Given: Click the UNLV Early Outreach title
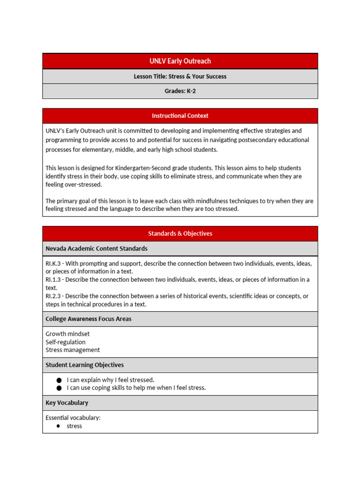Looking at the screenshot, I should (x=180, y=61).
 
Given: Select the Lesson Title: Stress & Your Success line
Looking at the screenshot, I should (x=180, y=76).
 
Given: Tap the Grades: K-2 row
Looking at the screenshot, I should (x=180, y=91).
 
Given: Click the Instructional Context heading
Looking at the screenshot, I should (x=180, y=116).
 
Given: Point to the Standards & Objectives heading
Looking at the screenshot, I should (x=180, y=233).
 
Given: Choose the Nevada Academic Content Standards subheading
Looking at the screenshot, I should (x=96, y=248).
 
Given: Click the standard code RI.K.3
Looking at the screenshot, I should (x=53, y=263).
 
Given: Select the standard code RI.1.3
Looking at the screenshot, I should (x=53, y=280).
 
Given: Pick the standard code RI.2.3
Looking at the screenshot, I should (x=53, y=296).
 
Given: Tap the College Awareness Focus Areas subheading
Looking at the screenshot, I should (x=88, y=319).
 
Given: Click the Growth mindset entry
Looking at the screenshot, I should (x=67, y=334).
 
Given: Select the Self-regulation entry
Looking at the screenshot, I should (x=66, y=342).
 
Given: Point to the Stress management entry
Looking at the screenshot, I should (x=73, y=350).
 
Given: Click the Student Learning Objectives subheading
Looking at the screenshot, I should (x=84, y=365).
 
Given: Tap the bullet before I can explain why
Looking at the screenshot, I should (x=59, y=380).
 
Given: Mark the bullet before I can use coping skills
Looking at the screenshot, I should (x=59, y=388).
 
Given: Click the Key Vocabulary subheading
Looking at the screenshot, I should (x=67, y=403).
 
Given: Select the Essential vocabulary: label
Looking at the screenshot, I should (x=73, y=418).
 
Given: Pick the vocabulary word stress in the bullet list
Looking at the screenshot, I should (x=75, y=426).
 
